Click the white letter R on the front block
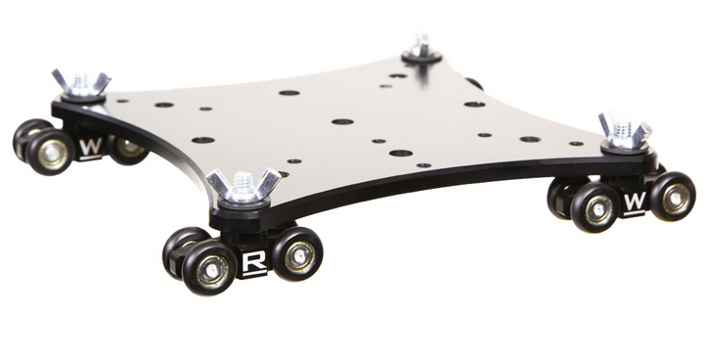click(x=254, y=261)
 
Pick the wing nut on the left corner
click(x=81, y=83)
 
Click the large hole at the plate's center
click(x=341, y=122)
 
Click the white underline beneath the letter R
click(x=254, y=275)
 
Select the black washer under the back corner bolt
click(x=421, y=58)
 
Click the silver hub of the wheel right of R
click(x=300, y=257)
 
